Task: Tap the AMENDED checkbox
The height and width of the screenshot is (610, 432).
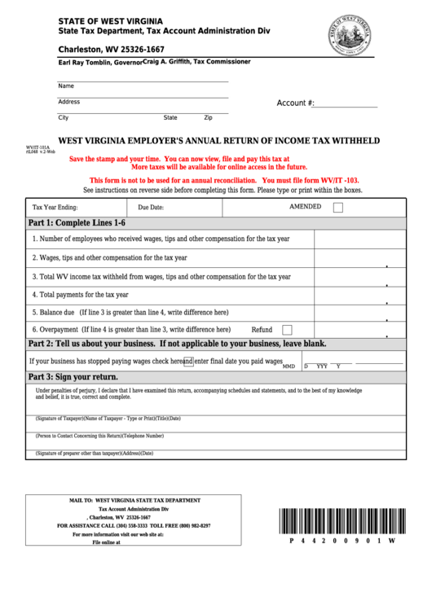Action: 337,208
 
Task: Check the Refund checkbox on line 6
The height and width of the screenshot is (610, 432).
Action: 287,330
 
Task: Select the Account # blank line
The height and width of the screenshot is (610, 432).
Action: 346,104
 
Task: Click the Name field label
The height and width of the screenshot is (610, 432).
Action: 66,86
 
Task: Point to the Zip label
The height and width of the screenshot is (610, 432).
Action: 209,117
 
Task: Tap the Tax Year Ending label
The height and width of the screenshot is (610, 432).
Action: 55,208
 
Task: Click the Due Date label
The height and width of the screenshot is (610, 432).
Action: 151,208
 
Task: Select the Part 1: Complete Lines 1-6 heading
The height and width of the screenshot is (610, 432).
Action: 77,222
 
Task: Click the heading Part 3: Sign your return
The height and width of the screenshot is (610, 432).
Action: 73,377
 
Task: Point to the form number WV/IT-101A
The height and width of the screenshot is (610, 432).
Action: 37,147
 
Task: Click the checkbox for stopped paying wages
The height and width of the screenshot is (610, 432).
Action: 188,361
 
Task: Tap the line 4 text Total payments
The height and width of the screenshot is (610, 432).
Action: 80,294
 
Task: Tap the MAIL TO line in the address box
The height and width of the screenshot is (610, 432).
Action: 135,500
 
